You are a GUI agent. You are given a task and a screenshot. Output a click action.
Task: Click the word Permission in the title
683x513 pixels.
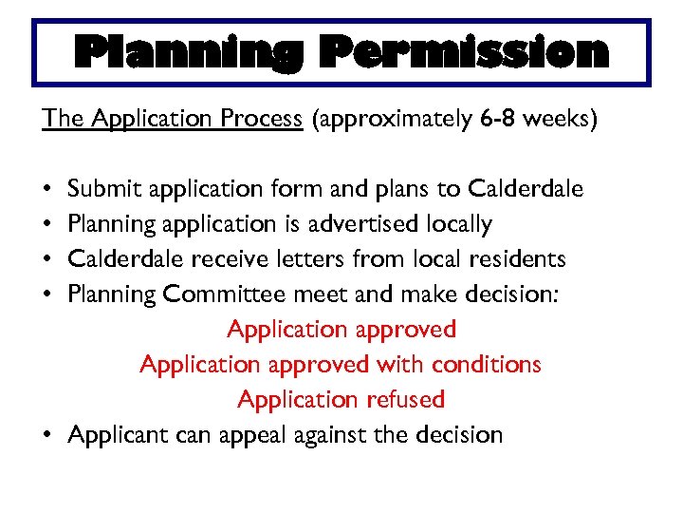coord(463,53)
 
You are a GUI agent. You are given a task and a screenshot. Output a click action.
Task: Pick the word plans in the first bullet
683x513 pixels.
coord(400,189)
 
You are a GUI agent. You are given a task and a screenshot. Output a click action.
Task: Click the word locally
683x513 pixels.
coord(459,224)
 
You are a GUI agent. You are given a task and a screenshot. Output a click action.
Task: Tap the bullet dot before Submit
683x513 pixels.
coord(46,189)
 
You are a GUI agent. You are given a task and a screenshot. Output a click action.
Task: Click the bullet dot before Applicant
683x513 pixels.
coord(46,435)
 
